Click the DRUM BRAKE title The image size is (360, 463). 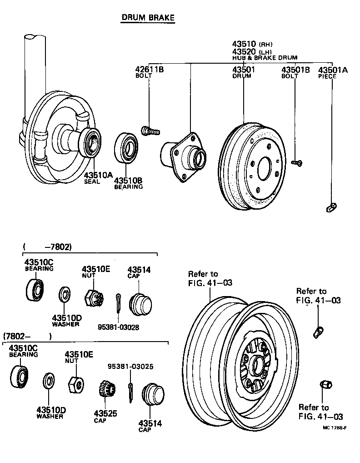(x=148, y=17)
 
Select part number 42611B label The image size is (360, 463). (x=149, y=70)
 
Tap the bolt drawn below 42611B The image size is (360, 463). (x=150, y=131)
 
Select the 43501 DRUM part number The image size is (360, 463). (x=244, y=70)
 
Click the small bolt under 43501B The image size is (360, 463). (x=298, y=162)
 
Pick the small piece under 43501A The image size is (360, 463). (x=331, y=207)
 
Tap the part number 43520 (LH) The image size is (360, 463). (x=244, y=51)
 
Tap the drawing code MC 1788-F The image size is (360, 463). (x=335, y=428)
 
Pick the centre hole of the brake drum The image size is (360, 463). (x=264, y=170)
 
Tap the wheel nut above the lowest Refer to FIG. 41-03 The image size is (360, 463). (x=325, y=385)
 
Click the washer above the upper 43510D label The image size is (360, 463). (x=65, y=295)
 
